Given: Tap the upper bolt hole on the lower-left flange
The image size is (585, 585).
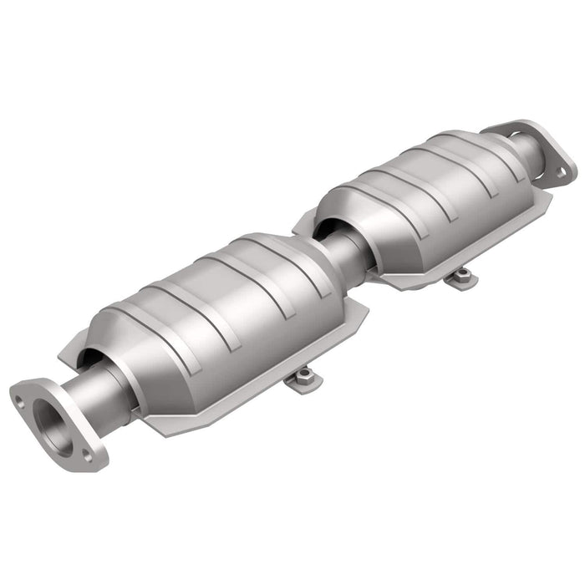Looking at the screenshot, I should coord(19,402).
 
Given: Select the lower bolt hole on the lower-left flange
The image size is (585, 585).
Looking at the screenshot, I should coord(86,455).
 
